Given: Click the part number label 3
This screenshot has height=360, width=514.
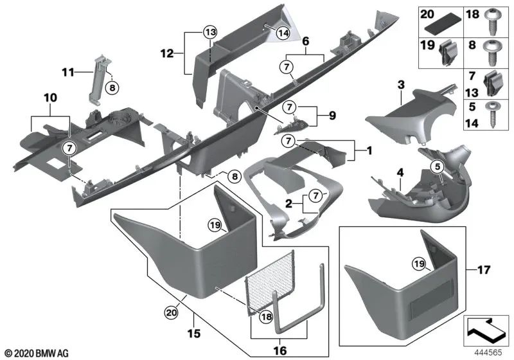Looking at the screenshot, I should (400, 84).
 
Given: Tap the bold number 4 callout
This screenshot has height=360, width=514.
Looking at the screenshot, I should (400, 172).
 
